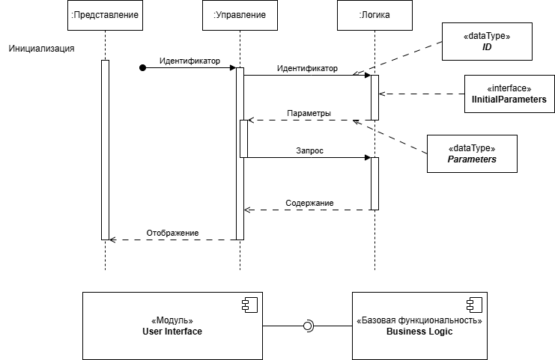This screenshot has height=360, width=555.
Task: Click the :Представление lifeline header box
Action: point(105,14)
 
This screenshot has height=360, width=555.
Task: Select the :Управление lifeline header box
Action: point(240,14)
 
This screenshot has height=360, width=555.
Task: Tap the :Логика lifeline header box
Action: point(374,14)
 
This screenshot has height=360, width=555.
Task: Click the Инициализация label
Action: point(42,49)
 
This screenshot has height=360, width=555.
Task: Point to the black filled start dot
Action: point(142,68)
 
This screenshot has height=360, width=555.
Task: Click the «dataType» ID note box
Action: point(487,42)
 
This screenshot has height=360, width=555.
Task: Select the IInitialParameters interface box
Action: point(509,94)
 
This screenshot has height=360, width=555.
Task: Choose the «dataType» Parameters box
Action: point(472,154)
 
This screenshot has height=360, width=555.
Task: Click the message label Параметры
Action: point(309,114)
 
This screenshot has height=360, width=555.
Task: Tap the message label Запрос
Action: point(309,150)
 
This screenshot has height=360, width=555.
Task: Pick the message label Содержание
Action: point(309,203)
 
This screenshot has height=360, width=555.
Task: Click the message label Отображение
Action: point(172,233)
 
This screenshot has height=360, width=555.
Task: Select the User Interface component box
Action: point(172,326)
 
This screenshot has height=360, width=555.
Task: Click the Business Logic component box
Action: point(419,326)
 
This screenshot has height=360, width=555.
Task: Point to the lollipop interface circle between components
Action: point(306,326)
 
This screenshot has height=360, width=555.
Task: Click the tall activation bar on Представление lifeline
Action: point(106,150)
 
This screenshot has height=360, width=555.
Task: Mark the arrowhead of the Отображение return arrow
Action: point(112,240)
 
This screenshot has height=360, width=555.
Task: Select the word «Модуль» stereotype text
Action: point(172,320)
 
